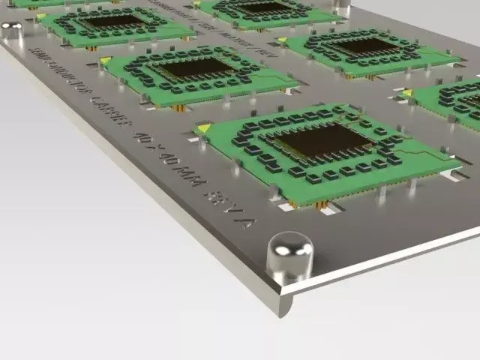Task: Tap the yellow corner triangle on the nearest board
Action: click(203, 128)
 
